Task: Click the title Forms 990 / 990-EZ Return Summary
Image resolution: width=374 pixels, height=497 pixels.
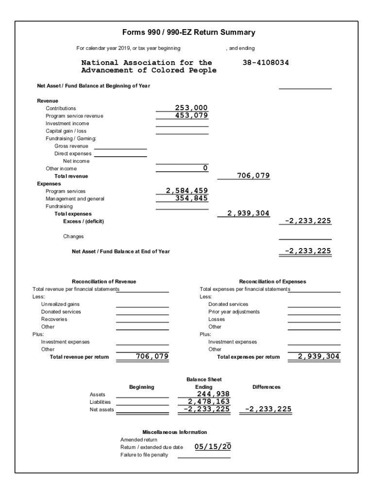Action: (188, 33)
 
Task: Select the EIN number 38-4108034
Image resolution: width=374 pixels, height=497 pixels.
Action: (265, 63)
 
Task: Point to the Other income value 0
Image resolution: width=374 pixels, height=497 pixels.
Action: (205, 168)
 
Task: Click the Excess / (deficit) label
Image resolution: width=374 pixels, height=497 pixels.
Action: (84, 221)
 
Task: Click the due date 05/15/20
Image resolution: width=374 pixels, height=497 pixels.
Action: (213, 447)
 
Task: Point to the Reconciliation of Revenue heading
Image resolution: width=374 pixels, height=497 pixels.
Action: (104, 282)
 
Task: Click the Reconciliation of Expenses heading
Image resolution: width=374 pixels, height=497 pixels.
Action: (272, 282)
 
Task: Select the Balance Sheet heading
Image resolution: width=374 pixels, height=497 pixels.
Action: (204, 379)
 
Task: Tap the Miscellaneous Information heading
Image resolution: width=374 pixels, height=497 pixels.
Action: (174, 432)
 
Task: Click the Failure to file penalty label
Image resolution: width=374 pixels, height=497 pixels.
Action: (144, 455)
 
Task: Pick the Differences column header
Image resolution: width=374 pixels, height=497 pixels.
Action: (266, 387)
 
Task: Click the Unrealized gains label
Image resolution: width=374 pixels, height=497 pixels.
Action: (60, 304)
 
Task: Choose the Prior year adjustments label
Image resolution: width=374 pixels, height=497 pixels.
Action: (234, 312)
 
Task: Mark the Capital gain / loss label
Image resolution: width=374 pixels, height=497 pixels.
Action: (66, 131)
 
